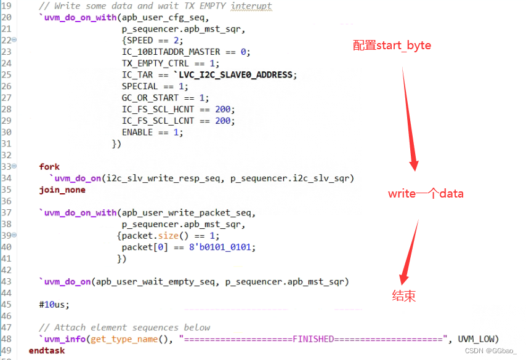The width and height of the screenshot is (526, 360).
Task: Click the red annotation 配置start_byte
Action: click(392, 46)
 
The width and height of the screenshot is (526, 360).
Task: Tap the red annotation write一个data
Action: click(426, 194)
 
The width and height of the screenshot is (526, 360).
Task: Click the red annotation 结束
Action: click(403, 296)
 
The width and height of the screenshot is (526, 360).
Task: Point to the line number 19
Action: click(6, 6)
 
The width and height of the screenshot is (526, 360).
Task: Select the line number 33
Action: click(6, 167)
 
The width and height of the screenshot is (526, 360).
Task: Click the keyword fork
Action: click(49, 167)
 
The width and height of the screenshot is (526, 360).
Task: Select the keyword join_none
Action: click(62, 190)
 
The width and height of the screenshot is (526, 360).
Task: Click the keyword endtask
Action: click(46, 350)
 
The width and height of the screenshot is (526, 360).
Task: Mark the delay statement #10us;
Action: click(54, 305)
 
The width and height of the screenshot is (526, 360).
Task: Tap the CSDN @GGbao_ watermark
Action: click(491, 351)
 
